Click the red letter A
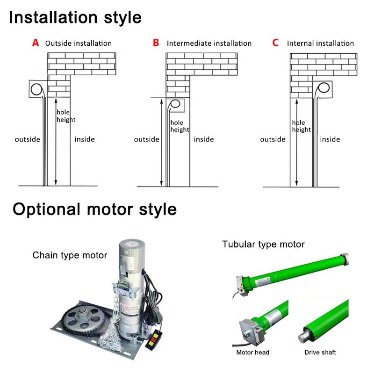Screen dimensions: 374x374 (36, 43)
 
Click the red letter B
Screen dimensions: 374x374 (156, 43)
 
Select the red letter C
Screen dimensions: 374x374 (275, 43)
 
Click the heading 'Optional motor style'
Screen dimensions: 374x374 (94, 209)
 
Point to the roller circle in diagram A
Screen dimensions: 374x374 (36, 88)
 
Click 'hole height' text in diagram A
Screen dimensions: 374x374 (66, 116)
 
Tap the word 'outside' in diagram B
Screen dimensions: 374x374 (146, 139)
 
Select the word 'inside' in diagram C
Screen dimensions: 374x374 (330, 139)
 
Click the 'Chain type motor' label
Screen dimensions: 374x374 (70, 255)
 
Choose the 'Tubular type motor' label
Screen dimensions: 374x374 (263, 244)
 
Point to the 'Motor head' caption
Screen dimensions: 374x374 (253, 352)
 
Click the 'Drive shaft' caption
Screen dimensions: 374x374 (321, 352)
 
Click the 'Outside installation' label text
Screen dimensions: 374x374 (79, 43)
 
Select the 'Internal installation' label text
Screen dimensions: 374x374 (320, 43)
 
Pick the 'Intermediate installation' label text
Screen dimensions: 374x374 (209, 43)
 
